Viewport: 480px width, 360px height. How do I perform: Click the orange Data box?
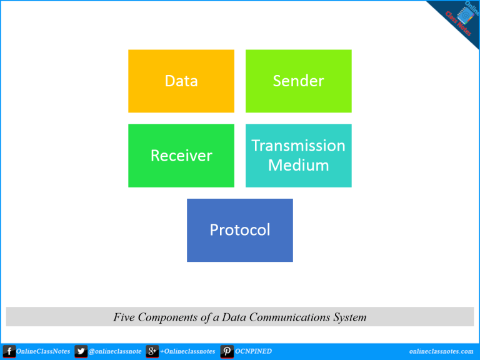pos(181,81)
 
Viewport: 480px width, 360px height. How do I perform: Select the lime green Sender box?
pos(298,81)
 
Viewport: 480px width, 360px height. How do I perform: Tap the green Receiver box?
pos(181,156)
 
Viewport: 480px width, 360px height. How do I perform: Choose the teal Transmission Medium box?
pos(298,156)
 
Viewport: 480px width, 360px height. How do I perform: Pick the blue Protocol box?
pos(240,230)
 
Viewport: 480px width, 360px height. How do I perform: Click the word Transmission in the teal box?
pos(298,146)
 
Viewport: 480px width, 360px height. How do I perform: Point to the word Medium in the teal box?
pos(298,166)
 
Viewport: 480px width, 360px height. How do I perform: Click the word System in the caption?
pos(349,317)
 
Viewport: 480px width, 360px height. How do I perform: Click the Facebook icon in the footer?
pos(9,351)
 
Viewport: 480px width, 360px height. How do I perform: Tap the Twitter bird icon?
pos(81,351)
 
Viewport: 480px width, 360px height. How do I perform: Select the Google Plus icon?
pos(152,351)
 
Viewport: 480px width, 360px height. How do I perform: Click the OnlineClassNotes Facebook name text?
pos(44,351)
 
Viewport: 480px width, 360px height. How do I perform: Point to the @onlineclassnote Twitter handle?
pos(115,351)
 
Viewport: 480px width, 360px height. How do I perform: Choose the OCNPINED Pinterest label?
pos(253,351)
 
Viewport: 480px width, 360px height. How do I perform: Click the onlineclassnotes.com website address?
pos(441,351)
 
